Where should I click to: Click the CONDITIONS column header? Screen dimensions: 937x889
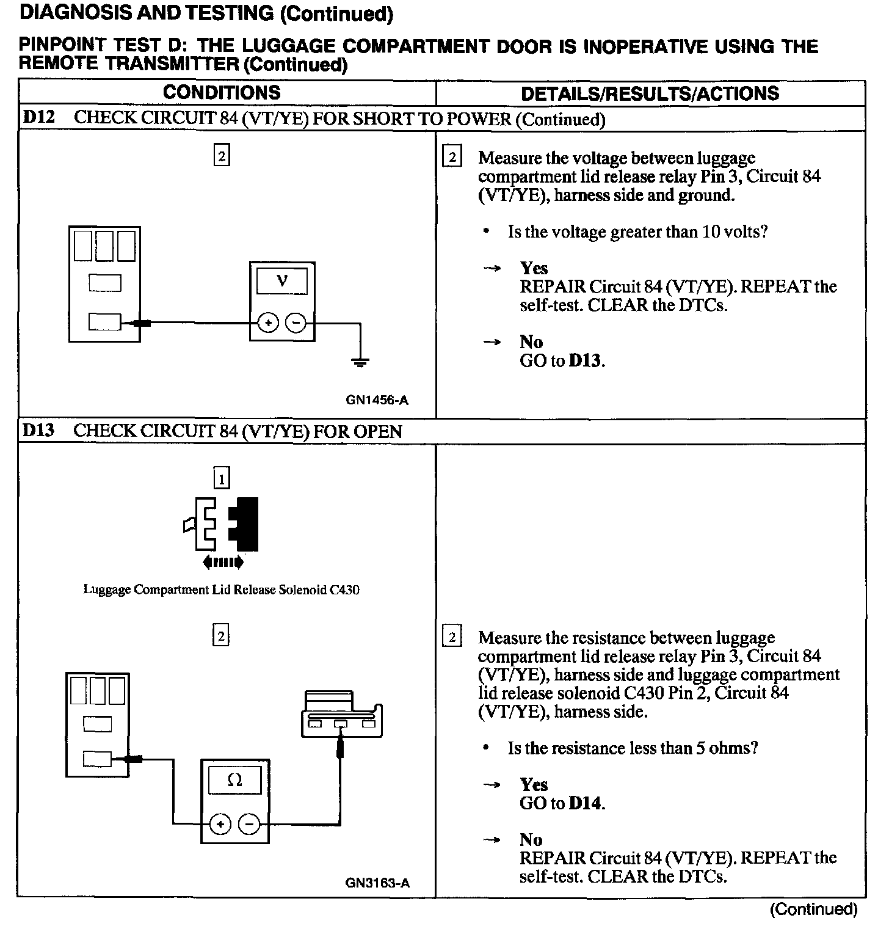click(221, 93)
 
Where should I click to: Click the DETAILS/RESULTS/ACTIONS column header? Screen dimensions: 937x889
click(650, 93)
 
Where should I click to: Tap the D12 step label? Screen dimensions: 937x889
click(38, 117)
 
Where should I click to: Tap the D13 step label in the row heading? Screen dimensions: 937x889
click(38, 431)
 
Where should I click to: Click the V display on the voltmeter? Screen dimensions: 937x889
click(282, 282)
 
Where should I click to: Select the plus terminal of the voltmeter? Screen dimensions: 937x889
click(268, 323)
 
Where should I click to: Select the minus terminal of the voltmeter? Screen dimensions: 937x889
click(296, 323)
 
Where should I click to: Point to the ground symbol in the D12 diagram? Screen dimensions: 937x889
click(360, 362)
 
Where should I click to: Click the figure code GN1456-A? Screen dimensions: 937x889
click(377, 401)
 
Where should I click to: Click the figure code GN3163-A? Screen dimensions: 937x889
click(377, 883)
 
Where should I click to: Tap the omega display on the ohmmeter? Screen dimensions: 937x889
click(234, 780)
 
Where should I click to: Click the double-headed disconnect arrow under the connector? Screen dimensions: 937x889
click(222, 562)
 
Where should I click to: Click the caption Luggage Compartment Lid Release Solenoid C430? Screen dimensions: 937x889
click(221, 590)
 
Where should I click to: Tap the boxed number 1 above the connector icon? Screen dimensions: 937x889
click(222, 478)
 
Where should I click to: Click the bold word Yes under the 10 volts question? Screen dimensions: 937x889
click(534, 268)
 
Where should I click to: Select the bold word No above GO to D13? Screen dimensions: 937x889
click(531, 341)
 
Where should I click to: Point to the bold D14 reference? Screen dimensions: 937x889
click(585, 803)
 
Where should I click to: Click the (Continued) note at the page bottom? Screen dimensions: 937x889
click(813, 910)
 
